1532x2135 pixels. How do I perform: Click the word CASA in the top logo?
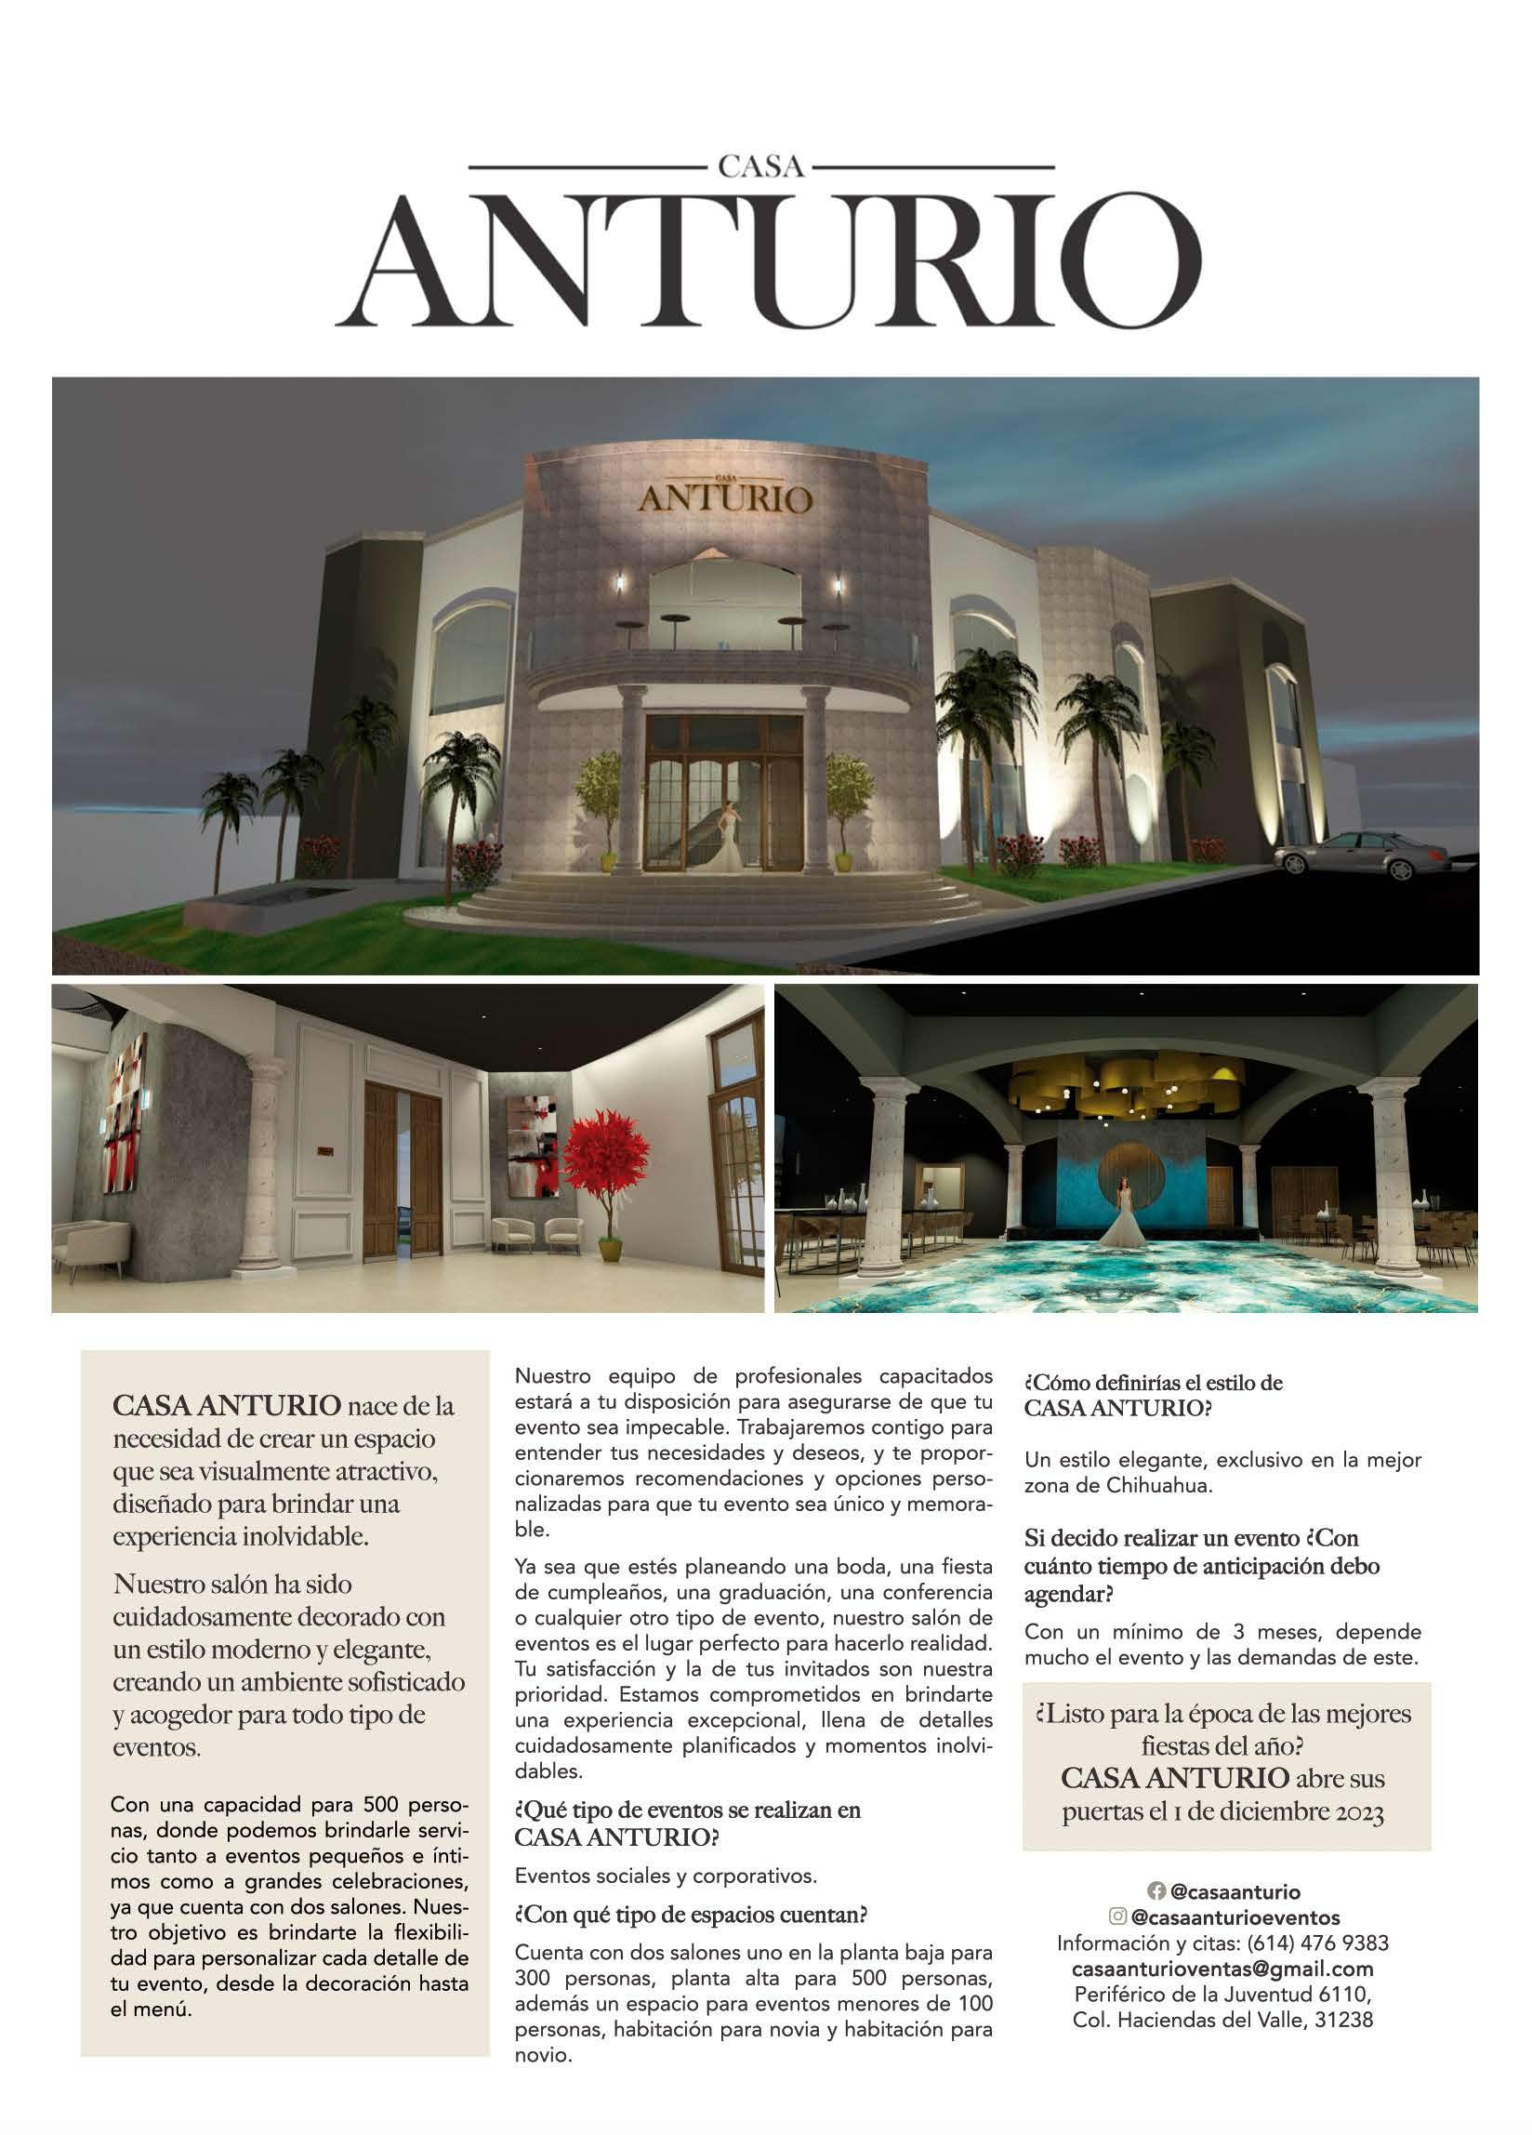pyautogui.click(x=761, y=167)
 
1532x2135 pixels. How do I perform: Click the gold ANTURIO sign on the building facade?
pyautogui.click(x=724, y=497)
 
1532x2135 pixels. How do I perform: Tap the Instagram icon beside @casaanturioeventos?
pyautogui.click(x=1118, y=1916)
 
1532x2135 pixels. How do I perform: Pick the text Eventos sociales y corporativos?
pyautogui.click(x=666, y=1876)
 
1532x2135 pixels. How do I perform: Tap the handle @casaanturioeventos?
pyautogui.click(x=1235, y=1916)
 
